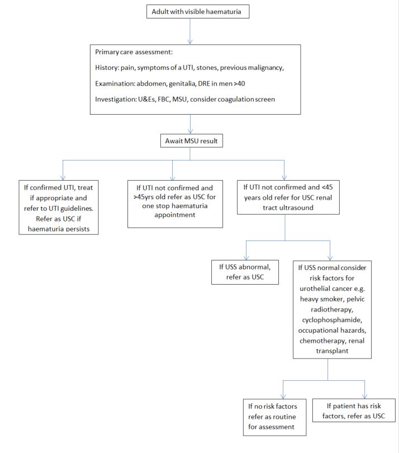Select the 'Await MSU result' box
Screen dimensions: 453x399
click(191, 141)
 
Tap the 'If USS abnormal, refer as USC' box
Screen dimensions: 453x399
click(245, 272)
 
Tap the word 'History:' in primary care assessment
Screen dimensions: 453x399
click(110, 68)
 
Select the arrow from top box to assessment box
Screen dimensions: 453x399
click(191, 31)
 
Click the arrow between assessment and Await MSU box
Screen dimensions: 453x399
click(191, 123)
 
